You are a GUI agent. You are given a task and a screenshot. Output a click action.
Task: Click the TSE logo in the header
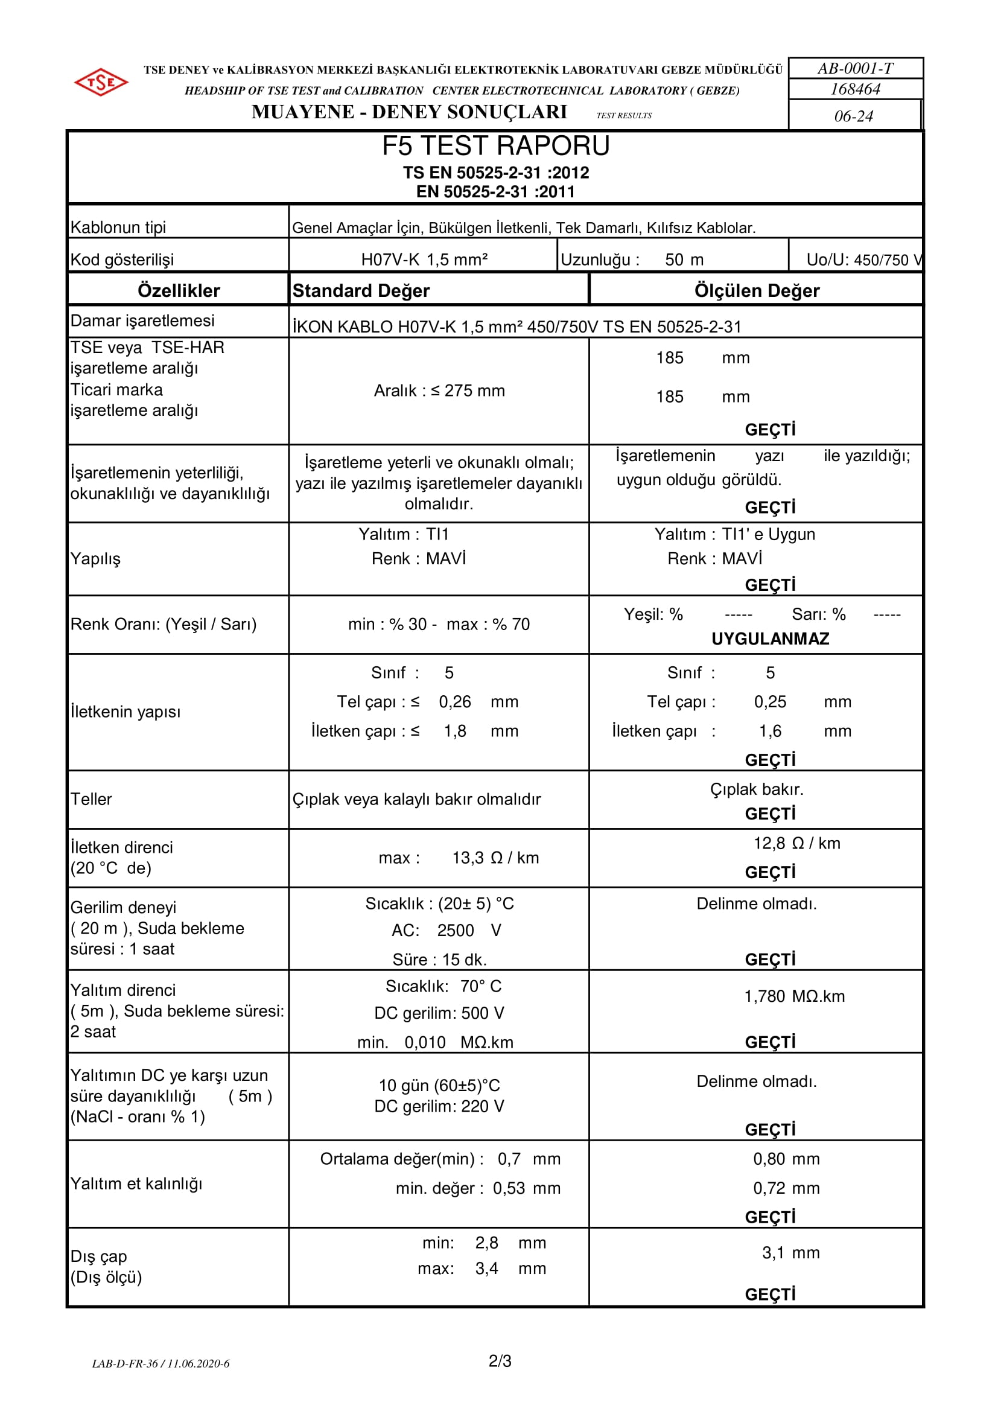pyautogui.click(x=101, y=81)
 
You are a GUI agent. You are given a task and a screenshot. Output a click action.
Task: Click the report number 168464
pyautogui.click(x=856, y=90)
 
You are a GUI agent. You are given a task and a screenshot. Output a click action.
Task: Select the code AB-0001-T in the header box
pyautogui.click(x=856, y=68)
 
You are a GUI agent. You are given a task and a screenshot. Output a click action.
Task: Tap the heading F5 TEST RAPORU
pyautogui.click(x=495, y=146)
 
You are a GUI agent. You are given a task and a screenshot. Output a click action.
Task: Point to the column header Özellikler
pyautogui.click(x=178, y=291)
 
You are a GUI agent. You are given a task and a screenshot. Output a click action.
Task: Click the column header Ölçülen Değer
pyautogui.click(x=757, y=291)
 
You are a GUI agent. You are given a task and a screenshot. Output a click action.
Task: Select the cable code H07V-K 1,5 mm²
pyautogui.click(x=424, y=260)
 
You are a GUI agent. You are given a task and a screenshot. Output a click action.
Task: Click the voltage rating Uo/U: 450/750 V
pyautogui.click(x=863, y=260)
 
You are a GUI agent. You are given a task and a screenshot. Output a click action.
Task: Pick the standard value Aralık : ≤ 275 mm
pyautogui.click(x=439, y=391)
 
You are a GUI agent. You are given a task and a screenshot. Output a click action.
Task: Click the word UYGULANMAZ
pyautogui.click(x=770, y=639)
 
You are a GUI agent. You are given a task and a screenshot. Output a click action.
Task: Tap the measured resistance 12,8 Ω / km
pyautogui.click(x=796, y=843)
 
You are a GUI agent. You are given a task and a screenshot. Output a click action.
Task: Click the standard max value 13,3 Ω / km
pyautogui.click(x=495, y=858)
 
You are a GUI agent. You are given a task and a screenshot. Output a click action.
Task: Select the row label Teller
pyautogui.click(x=92, y=799)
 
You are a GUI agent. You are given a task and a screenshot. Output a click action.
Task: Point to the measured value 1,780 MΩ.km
pyautogui.click(x=794, y=996)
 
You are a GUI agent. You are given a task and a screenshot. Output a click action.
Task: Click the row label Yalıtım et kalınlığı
pyautogui.click(x=136, y=1183)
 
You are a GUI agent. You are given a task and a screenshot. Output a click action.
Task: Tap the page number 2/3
pyautogui.click(x=500, y=1362)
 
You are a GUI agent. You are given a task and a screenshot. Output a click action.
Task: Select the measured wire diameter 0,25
pyautogui.click(x=770, y=702)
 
